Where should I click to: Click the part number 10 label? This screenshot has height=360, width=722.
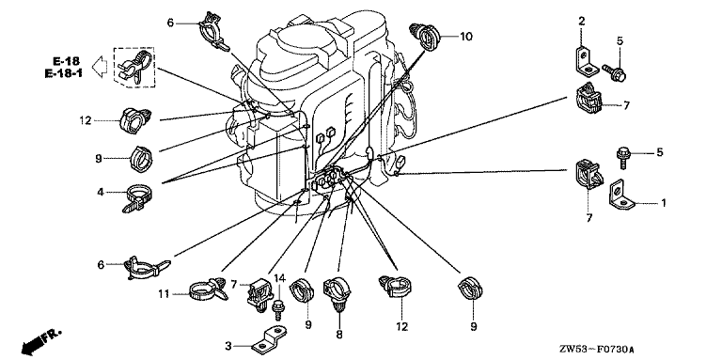(x=466, y=37)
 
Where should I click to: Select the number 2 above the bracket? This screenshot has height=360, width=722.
(x=582, y=21)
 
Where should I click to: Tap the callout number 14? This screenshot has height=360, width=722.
(x=279, y=278)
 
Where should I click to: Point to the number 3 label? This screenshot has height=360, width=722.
(x=228, y=345)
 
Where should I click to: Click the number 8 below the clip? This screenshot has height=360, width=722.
(x=339, y=335)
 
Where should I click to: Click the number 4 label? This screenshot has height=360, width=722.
(x=101, y=193)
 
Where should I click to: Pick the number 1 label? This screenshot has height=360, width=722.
(x=664, y=202)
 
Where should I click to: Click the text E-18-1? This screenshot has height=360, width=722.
(x=64, y=72)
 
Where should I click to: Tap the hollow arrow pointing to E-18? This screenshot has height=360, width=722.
(x=100, y=68)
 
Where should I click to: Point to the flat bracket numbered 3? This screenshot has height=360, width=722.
(x=269, y=339)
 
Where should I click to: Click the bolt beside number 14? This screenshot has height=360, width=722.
(x=277, y=308)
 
